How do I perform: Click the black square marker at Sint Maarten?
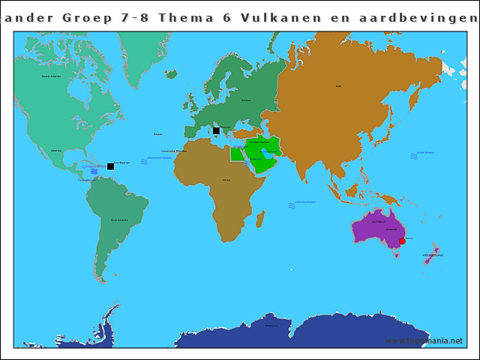tap(110, 166)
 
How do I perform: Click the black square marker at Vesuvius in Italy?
tap(216, 130)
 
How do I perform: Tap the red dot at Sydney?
tap(402, 241)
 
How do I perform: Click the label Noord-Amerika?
tap(51, 76)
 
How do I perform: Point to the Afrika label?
tap(226, 180)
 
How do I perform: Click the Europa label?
tap(245, 100)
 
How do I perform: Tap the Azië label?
tap(338, 86)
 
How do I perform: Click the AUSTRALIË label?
tap(379, 221)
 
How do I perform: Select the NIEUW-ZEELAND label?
tap(433, 256)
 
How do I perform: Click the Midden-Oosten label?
tap(259, 142)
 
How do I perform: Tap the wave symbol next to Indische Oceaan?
tap(292, 205)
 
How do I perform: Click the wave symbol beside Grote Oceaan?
tap(414, 156)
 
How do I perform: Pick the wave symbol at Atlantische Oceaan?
tap(144, 161)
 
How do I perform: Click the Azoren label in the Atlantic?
tap(157, 134)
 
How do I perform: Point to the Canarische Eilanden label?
tap(175, 151)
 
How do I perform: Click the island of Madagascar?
tap(260, 219)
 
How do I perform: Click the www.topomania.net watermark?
tap(424, 340)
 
